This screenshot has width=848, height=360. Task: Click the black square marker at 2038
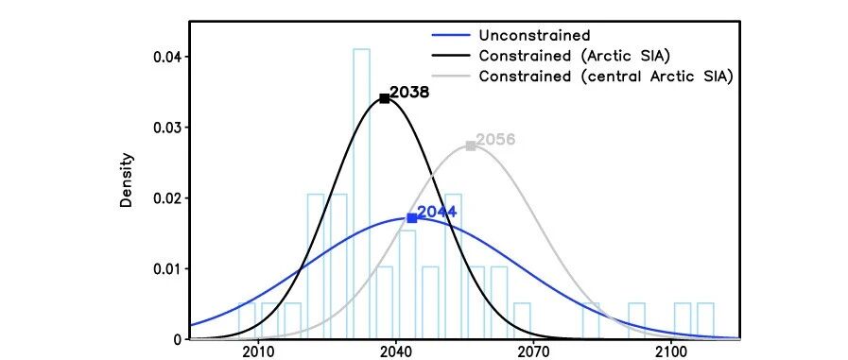[384, 98]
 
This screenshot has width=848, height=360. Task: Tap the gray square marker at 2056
[471, 146]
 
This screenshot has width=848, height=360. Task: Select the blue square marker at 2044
[411, 218]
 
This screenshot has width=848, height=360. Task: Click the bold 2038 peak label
[409, 93]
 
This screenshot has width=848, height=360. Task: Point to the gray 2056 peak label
[495, 140]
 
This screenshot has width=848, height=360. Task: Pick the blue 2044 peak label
[437, 212]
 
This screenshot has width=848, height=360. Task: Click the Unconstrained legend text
[534, 36]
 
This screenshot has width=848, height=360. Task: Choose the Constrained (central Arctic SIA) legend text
[606, 77]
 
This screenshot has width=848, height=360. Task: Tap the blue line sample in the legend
[451, 36]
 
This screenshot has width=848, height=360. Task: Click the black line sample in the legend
[451, 56]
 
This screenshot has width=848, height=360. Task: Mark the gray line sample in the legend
[451, 77]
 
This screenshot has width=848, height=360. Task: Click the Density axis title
[127, 180]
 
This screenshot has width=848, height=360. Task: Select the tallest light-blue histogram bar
[362, 194]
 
